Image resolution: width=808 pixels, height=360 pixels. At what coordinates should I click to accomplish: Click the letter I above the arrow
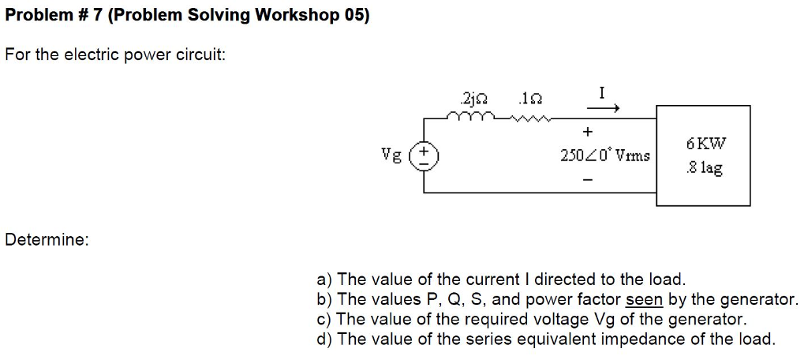(602, 92)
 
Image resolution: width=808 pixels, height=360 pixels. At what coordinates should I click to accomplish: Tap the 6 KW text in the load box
(705, 144)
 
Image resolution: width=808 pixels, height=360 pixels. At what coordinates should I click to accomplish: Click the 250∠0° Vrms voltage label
(605, 156)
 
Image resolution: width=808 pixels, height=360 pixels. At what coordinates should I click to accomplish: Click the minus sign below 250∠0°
(586, 180)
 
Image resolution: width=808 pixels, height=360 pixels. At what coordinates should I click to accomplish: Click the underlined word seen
(644, 299)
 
